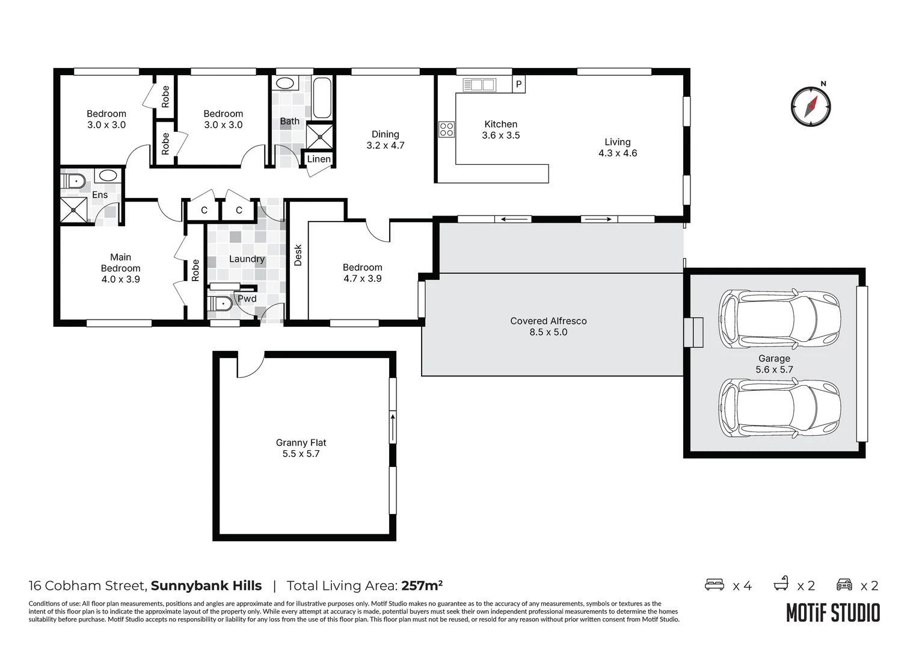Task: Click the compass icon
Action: pos(811,107)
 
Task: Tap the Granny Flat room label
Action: pos(301,442)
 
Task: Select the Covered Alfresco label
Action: pos(548,321)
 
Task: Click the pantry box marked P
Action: pos(518,84)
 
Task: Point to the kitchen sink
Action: pos(479,85)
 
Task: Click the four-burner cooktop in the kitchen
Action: pos(446,129)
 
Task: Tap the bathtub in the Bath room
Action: pos(322,97)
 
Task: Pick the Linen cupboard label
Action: pos(319,159)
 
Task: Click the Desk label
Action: pos(298,255)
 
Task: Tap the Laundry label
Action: pos(247,259)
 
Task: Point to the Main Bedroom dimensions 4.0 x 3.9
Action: pos(121,279)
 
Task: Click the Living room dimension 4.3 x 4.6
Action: pos(618,153)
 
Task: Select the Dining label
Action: pos(386,134)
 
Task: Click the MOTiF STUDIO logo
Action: pos(833,613)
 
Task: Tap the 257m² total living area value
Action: pos(422,585)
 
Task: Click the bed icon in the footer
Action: pos(715,584)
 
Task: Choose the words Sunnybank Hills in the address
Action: pos(206,586)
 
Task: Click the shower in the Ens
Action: pos(74,210)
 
